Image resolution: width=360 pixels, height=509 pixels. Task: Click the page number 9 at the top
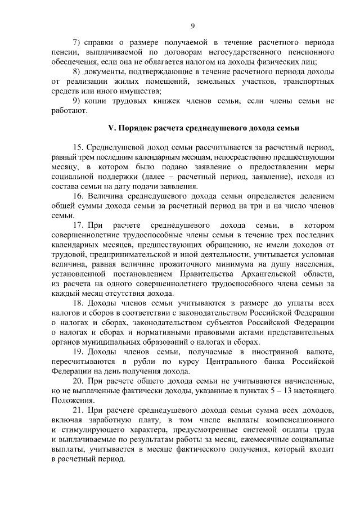coord(192,26)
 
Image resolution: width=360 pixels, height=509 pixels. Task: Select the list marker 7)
coord(78,43)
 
